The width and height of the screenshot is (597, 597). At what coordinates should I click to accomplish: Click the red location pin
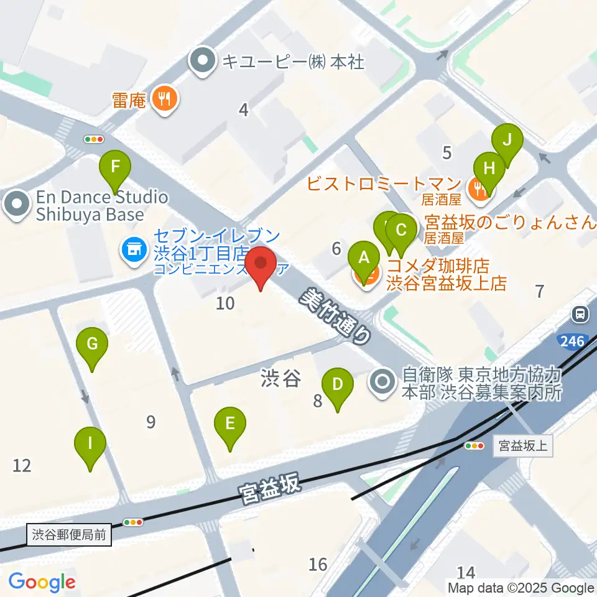point(261,266)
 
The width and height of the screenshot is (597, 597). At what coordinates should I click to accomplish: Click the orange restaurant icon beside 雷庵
point(165,98)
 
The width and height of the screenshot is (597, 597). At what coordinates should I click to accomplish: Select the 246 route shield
point(572,340)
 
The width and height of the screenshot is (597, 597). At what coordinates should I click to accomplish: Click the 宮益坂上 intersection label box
point(522,446)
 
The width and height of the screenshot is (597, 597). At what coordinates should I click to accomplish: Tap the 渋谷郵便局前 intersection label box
point(70,534)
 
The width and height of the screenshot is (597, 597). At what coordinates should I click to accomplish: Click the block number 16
point(318,564)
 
